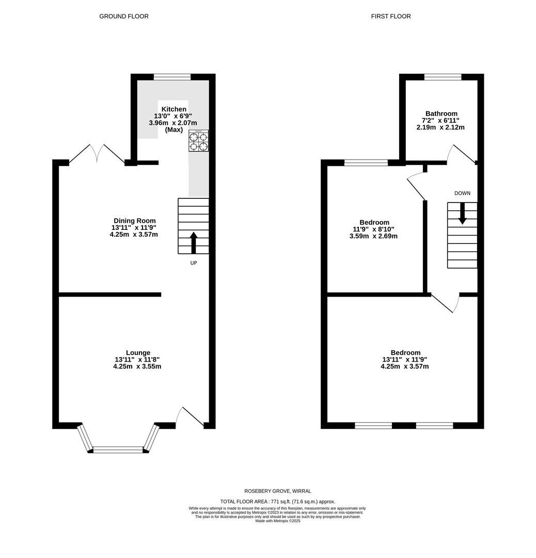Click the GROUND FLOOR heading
124,17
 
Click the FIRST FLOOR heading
391,17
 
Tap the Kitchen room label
174,109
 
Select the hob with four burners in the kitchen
198,141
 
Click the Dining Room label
134,221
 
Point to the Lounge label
137,353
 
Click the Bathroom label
441,114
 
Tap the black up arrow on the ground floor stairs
194,243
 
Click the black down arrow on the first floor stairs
462,213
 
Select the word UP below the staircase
194,263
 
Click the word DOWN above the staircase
462,193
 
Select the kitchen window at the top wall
172,77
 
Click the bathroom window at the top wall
443,77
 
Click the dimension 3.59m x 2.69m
373,236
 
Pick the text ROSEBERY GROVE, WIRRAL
278,491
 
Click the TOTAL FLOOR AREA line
278,502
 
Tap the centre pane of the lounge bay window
118,450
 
